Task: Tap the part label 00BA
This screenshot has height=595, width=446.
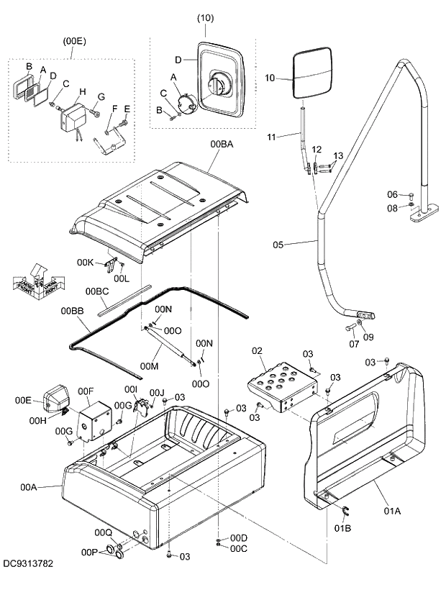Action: click(222, 145)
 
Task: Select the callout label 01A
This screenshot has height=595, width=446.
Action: click(391, 511)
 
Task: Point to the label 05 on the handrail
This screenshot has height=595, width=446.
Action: click(281, 245)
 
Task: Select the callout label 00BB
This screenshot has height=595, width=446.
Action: click(72, 311)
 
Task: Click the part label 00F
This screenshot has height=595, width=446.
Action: click(86, 391)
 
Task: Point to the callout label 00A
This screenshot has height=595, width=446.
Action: click(29, 487)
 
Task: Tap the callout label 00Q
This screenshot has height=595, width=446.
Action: click(103, 532)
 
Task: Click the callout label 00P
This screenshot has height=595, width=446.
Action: click(89, 552)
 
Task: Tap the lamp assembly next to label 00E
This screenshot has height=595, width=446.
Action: click(55, 398)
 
